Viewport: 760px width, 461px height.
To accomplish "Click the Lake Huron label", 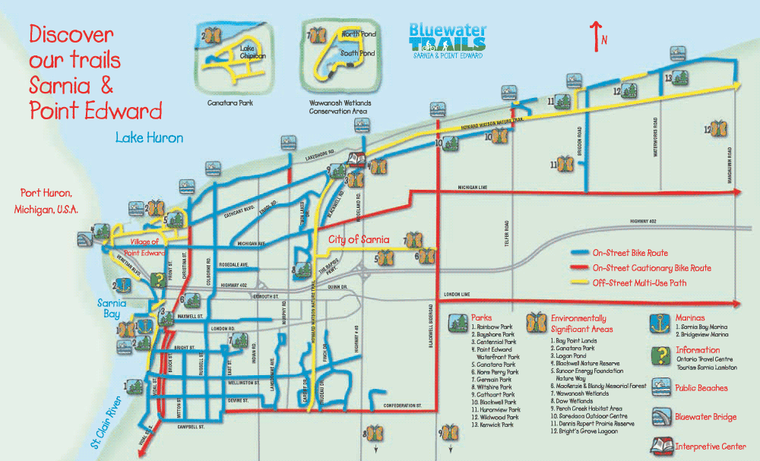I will pyautogui.click(x=149, y=138).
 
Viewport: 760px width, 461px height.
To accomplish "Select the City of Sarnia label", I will pyautogui.click(x=358, y=240).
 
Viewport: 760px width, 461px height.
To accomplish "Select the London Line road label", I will pyautogui.click(x=455, y=294).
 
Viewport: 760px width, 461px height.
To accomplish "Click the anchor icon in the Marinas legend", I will pyautogui.click(x=661, y=322).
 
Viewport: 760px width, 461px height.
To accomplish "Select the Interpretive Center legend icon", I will pyautogui.click(x=661, y=446).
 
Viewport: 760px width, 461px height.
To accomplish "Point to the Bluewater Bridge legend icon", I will pyautogui.click(x=661, y=417).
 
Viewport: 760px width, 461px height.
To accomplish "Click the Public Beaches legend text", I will pyautogui.click(x=701, y=388).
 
